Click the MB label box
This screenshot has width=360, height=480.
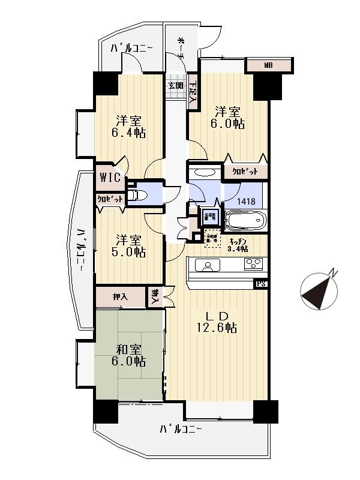269,65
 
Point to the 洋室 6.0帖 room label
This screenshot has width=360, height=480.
228,118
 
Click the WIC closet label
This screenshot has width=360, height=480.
111,178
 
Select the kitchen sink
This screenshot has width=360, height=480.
208,265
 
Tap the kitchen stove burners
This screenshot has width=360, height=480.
252,264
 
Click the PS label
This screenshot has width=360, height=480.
260,284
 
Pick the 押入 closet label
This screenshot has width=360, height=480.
120,296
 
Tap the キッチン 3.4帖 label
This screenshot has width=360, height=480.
238,245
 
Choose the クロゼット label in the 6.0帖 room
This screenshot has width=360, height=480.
245,172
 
